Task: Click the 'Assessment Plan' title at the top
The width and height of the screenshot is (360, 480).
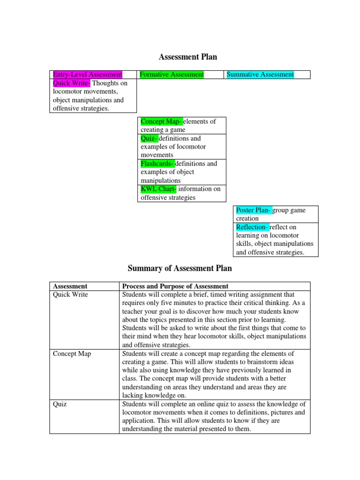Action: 188,57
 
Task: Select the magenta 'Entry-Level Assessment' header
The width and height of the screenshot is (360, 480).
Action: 87,75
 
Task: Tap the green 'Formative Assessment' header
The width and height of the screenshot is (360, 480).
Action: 172,75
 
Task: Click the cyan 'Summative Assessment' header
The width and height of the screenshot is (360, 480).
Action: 260,75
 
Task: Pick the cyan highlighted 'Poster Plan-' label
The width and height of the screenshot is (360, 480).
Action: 253,210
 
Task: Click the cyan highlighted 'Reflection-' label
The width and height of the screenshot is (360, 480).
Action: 252,227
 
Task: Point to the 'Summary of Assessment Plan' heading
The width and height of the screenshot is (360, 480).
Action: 180,269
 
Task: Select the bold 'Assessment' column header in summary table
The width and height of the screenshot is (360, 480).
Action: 70,286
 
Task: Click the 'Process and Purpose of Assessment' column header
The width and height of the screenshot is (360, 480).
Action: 175,286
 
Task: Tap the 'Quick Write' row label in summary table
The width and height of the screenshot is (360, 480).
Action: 70,294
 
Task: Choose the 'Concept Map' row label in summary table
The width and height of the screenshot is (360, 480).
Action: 72,353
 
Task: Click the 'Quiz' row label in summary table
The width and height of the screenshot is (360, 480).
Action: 60,404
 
